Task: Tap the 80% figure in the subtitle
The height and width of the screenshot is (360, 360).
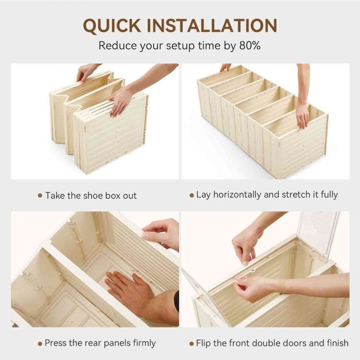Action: tap(249, 45)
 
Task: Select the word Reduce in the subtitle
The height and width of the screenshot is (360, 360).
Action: tap(117, 45)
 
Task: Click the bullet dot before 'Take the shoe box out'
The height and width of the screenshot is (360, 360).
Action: tap(40, 195)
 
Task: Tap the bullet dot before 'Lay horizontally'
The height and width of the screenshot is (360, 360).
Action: tap(191, 195)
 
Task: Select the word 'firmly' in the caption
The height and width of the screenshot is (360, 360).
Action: tap(142, 343)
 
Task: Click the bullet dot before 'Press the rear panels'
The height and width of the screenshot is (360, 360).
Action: tap(40, 343)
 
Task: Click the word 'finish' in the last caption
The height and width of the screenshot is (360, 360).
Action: tap(336, 343)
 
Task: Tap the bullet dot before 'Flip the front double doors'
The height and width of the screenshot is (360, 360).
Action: tap(191, 343)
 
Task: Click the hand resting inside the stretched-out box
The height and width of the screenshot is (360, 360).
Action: tap(302, 116)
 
